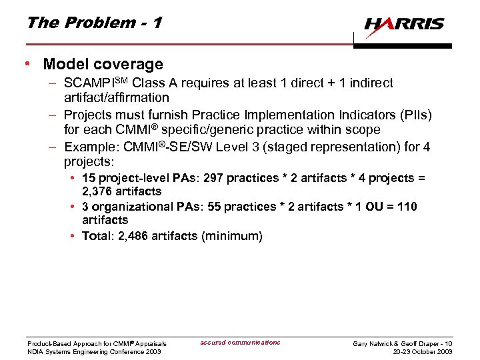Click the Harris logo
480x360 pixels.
404,25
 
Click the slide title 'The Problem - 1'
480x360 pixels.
93,23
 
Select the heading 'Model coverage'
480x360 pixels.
103,65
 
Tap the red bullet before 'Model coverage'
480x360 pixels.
26,65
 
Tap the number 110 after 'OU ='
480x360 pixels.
406,207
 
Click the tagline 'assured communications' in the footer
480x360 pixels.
240,343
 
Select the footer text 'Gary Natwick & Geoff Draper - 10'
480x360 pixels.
403,343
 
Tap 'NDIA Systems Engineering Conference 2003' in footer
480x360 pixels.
94,351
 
